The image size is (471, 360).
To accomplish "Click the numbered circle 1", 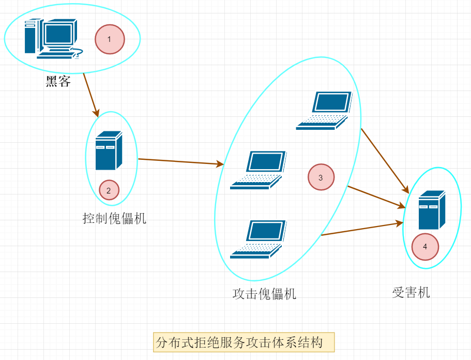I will click(x=110, y=39).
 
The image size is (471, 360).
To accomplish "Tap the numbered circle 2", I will click(x=109, y=190).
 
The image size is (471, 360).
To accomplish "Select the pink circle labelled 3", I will click(x=321, y=177).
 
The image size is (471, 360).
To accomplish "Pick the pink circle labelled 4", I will click(x=425, y=247).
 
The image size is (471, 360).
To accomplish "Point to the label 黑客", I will click(x=58, y=82).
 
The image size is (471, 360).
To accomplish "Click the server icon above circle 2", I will click(x=109, y=151).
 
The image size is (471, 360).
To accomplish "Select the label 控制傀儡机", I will click(x=115, y=218).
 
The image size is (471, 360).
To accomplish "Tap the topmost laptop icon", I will click(x=324, y=110).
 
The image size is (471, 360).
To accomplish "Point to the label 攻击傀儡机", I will click(x=265, y=294).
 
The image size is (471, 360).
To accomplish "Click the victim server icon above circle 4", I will click(x=432, y=209).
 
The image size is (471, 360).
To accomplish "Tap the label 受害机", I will click(x=411, y=292).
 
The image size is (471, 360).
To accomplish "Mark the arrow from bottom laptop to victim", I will click(x=362, y=229).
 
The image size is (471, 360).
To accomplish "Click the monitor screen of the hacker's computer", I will click(x=58, y=34).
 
